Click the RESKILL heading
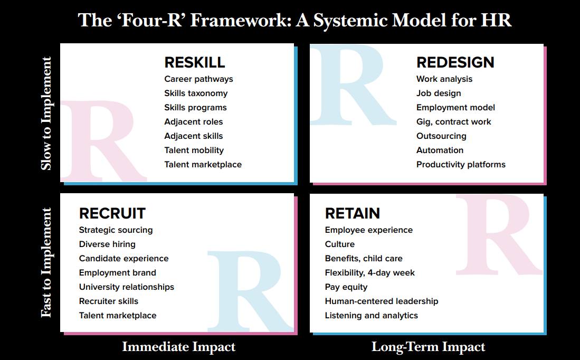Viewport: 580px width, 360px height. pos(195,62)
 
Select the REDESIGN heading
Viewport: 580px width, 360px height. pos(455,62)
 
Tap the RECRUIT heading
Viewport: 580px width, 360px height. pos(112,213)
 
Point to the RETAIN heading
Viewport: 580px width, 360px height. pos(353,213)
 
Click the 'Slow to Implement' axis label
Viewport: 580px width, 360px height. pos(46,113)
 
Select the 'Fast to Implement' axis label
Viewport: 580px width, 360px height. pos(46,262)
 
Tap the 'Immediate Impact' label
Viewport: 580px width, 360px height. pos(179,347)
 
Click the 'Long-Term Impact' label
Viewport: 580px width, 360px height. pos(429,347)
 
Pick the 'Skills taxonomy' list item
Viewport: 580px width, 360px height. pos(196,93)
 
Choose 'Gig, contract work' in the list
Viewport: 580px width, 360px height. pos(454,122)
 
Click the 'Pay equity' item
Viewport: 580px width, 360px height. pos(346,287)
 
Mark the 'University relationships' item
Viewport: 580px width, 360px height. pos(127,287)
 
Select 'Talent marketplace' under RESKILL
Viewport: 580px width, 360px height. pos(203,165)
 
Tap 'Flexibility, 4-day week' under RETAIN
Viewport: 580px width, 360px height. pos(370,273)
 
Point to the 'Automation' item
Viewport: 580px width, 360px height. pos(440,150)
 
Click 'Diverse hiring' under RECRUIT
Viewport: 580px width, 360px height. pos(107,244)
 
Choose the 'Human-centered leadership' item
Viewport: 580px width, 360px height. pos(382,301)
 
